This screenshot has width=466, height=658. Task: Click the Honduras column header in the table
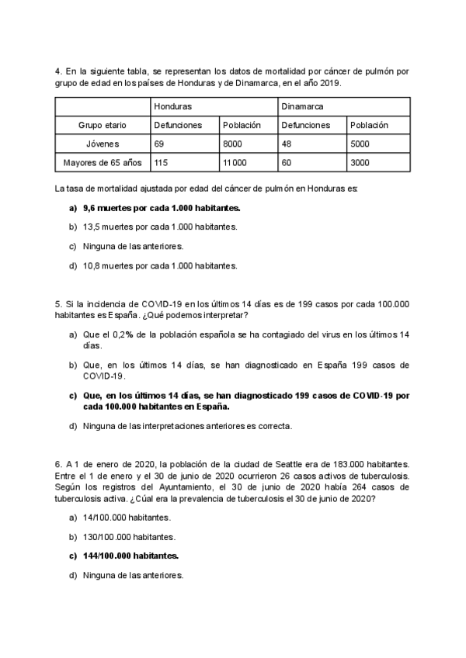pyautogui.click(x=173, y=106)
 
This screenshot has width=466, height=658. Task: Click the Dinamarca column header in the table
pyautogui.click(x=302, y=106)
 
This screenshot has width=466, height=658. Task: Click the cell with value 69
pyautogui.click(x=160, y=144)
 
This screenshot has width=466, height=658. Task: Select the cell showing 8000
pyautogui.click(x=234, y=144)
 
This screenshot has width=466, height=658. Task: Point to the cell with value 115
pyautogui.click(x=162, y=163)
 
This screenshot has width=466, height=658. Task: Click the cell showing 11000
pyautogui.click(x=235, y=163)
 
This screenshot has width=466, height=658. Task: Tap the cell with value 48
pyautogui.click(x=287, y=144)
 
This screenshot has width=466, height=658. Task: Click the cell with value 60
pyautogui.click(x=287, y=163)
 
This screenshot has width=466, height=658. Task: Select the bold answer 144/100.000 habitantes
pyautogui.click(x=130, y=556)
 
